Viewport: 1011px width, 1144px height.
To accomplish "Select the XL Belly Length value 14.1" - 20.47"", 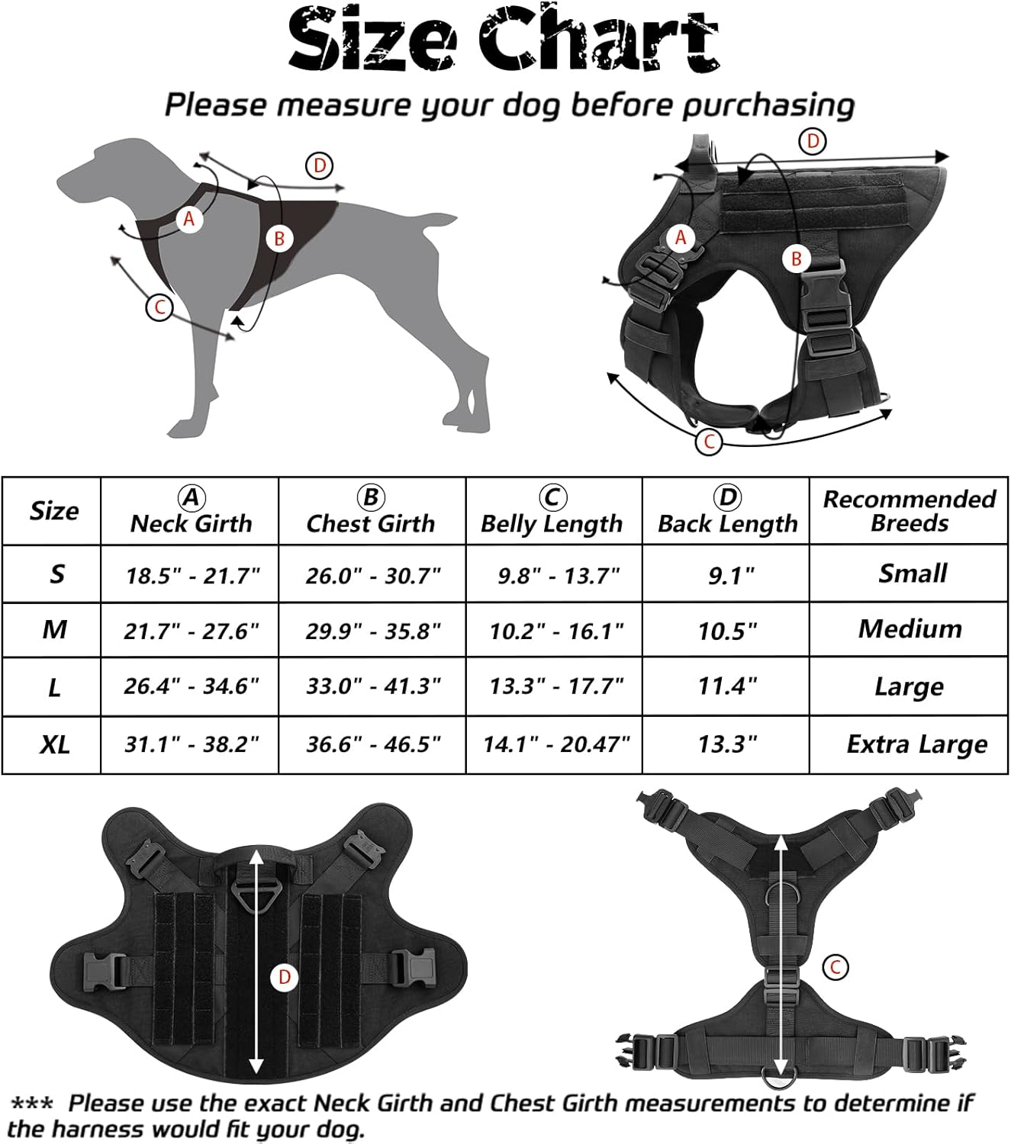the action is click(x=556, y=744).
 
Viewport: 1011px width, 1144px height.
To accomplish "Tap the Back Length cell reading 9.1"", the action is click(x=731, y=575).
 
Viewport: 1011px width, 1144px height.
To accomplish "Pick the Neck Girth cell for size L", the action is click(x=192, y=686).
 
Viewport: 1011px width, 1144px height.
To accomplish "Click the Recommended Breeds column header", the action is click(x=910, y=511).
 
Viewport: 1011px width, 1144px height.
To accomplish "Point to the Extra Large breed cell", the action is click(x=916, y=745).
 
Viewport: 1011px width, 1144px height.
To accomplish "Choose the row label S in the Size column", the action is click(x=56, y=574).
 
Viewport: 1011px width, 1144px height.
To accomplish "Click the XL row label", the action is click(x=55, y=745).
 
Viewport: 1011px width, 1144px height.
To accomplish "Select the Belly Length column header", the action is click(x=552, y=511).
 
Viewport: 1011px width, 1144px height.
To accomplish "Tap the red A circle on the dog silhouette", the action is click(x=188, y=219).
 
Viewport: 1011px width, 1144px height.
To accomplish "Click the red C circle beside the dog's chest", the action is click(x=159, y=308).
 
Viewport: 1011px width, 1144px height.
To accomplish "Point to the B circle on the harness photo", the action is click(x=797, y=259).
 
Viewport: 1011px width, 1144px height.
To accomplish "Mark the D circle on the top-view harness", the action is click(x=285, y=978).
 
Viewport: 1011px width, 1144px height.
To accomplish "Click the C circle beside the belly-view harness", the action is click(x=836, y=967).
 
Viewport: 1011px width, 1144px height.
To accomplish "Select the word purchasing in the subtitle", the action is click(x=768, y=105).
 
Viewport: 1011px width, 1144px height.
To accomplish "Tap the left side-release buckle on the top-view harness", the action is click(x=106, y=970).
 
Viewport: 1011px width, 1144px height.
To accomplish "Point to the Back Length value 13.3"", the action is click(x=727, y=744).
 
